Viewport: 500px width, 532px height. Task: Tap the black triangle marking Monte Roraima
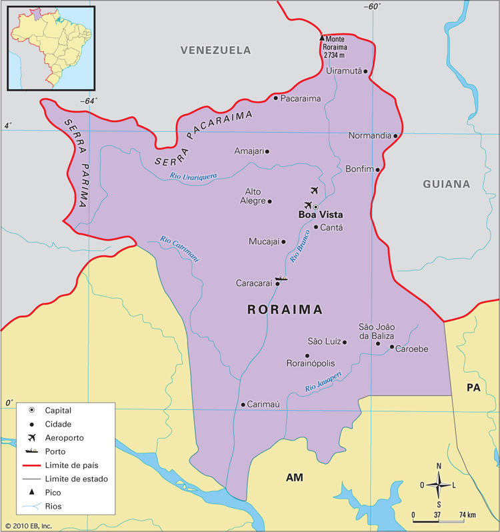point(321,38)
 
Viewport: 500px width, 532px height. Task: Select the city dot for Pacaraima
point(275,98)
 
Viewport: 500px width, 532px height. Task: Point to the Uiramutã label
point(343,71)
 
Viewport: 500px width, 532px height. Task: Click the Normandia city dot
point(395,135)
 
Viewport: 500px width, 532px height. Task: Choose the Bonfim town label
point(359,169)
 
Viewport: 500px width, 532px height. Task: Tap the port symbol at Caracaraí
point(281,278)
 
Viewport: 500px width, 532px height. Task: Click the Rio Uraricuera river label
point(193,177)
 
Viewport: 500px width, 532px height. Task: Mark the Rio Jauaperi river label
point(323,381)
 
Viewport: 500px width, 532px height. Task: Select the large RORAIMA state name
point(285,310)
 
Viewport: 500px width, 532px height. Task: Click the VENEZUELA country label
point(215,50)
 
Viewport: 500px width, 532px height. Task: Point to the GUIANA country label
point(446,184)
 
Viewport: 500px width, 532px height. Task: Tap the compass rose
point(439,485)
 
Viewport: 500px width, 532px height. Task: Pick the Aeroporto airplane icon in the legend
point(31,437)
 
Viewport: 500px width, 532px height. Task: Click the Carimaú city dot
point(243,404)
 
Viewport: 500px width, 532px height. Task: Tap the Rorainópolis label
point(310,363)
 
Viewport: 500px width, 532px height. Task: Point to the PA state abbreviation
point(473,387)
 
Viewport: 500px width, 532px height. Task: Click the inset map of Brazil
point(51,47)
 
